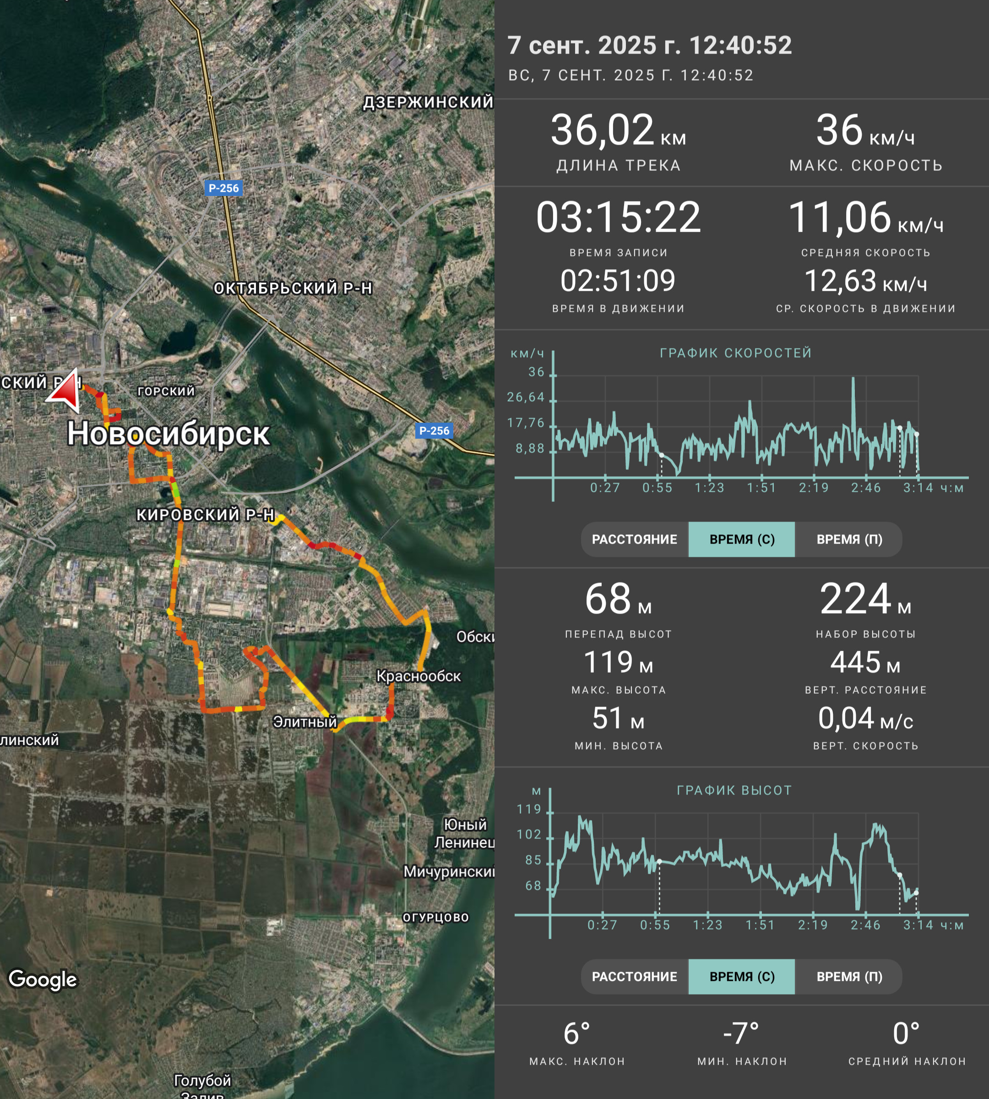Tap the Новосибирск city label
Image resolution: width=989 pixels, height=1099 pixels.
(168, 434)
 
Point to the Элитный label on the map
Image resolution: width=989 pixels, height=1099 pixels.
(305, 721)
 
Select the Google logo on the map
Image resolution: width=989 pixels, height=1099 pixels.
(43, 979)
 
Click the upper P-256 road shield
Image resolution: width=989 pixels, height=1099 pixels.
(223, 188)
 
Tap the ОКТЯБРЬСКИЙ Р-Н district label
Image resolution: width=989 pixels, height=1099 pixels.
(293, 288)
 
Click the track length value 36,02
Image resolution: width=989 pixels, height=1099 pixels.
(602, 130)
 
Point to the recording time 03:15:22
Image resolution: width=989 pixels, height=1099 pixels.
(619, 217)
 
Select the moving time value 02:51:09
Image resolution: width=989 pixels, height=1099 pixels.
(618, 280)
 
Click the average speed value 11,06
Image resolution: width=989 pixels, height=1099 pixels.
(840, 218)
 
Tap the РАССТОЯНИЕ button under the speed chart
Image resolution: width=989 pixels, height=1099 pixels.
(634, 539)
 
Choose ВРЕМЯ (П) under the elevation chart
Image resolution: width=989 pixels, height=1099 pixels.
(849, 976)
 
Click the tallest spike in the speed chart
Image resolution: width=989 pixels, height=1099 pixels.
(853, 378)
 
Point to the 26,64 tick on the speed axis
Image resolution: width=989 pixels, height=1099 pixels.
(526, 397)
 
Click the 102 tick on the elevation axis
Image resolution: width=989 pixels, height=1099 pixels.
(529, 834)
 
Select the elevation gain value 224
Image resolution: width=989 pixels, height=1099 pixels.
(855, 599)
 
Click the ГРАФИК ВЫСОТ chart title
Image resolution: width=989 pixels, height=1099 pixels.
(734, 790)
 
